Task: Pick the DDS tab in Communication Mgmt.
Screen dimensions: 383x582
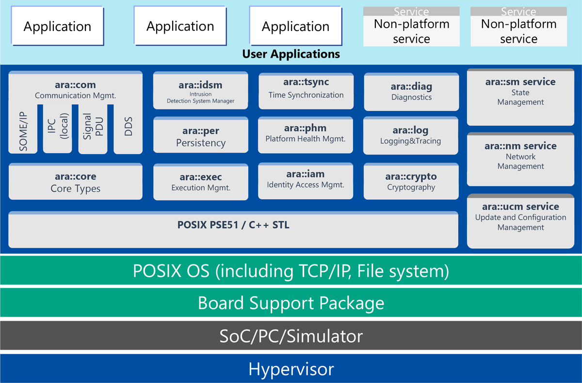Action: (x=128, y=128)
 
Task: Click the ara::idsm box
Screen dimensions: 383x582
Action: (x=200, y=91)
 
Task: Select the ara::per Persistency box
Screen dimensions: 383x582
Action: (x=200, y=137)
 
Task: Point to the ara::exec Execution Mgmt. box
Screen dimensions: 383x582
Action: (x=200, y=182)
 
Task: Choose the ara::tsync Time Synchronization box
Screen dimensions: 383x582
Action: (x=306, y=90)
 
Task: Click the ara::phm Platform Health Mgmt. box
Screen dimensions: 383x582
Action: (x=306, y=134)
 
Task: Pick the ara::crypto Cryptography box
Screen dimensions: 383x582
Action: (x=411, y=181)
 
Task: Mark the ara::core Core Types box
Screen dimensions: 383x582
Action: (x=75, y=182)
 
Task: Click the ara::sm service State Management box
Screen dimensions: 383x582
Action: (x=520, y=97)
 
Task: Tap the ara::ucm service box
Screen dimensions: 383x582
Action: (x=520, y=221)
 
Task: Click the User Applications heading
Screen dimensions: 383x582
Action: (x=291, y=54)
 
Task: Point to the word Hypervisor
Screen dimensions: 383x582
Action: (x=291, y=369)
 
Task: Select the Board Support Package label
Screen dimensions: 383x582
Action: (x=291, y=303)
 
